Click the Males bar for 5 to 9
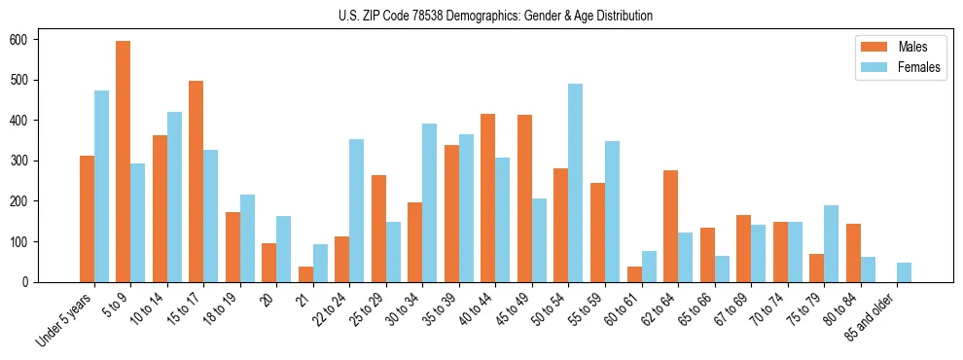click(123, 162)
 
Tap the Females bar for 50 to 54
click(576, 183)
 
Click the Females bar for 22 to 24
click(357, 210)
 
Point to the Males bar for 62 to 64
click(670, 226)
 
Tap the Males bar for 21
click(305, 274)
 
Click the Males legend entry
click(892, 47)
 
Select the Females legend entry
click(892, 67)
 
